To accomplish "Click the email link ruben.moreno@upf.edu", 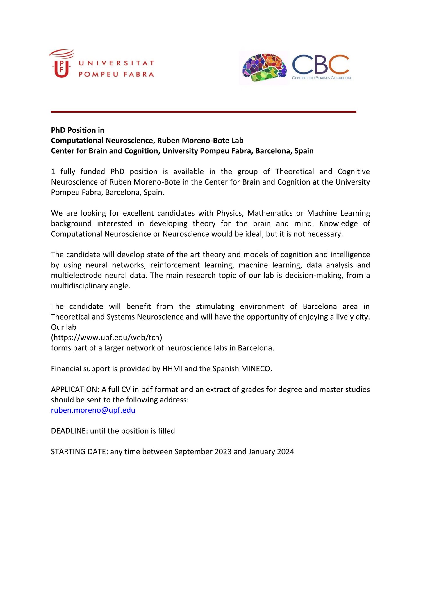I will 93,410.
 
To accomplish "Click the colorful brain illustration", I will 264,68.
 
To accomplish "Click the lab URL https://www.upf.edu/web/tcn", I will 106,338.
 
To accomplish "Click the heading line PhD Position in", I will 78,130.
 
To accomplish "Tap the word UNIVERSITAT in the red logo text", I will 116,63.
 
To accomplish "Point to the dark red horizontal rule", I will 204,112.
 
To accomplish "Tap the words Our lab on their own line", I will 63,327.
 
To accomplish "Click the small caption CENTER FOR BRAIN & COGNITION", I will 321,78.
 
